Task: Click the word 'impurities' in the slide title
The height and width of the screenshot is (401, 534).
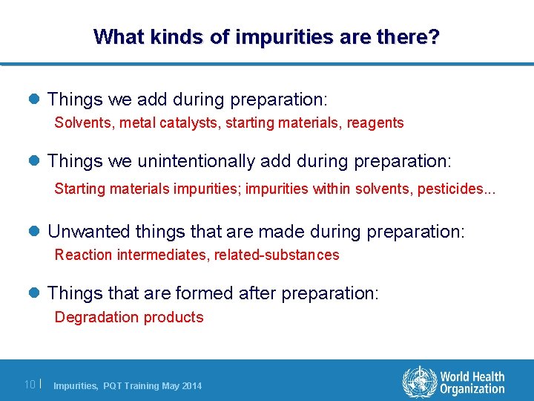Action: [276, 36]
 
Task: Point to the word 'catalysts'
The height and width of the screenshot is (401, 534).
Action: [185, 123]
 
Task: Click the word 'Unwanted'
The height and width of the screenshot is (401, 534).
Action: [81, 232]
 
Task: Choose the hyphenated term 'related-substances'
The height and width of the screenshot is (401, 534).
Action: [277, 255]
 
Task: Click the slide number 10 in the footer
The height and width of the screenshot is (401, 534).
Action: [30, 385]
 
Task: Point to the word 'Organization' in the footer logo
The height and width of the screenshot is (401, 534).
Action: [472, 389]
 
